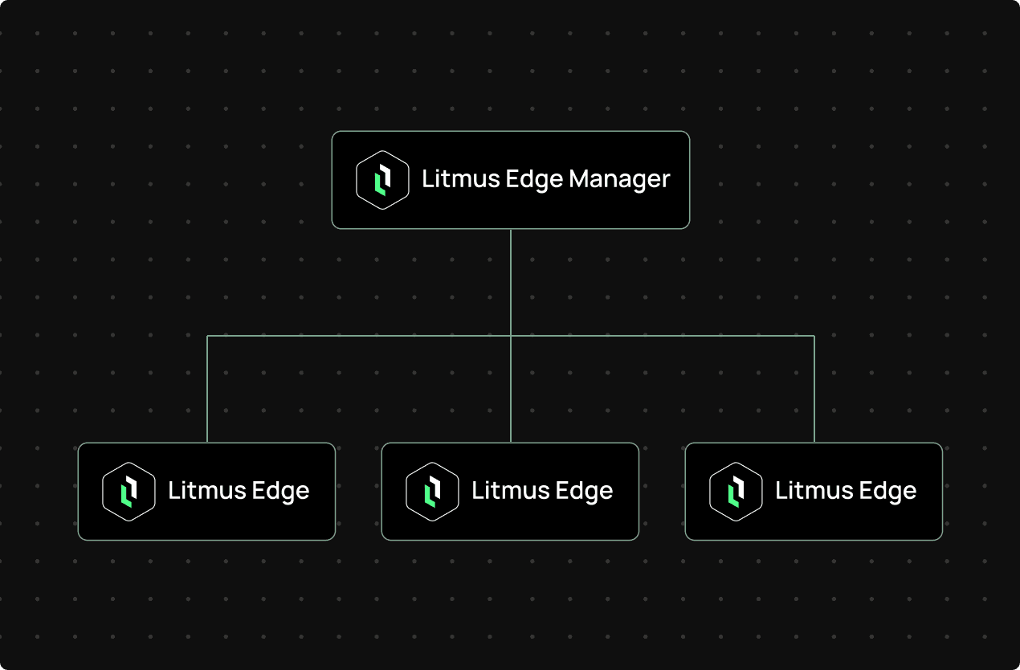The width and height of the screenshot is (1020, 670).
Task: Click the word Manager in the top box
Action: click(x=619, y=179)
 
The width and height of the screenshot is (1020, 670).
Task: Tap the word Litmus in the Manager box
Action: click(x=452, y=178)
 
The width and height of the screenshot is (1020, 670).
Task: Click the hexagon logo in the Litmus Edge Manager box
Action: click(x=382, y=180)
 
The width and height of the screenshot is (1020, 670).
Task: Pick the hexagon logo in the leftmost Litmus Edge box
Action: click(x=129, y=491)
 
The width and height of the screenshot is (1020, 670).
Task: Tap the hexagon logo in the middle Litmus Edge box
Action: click(x=432, y=491)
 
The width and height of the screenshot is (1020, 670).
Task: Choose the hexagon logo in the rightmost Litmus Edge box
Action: click(x=736, y=491)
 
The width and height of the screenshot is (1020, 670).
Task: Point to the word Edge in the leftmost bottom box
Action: click(x=277, y=492)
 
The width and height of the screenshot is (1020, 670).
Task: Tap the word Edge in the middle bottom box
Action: click(x=581, y=492)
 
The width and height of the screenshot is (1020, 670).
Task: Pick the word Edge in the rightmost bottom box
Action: click(x=884, y=492)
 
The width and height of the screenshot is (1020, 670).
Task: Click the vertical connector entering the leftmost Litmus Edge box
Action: click(x=207, y=390)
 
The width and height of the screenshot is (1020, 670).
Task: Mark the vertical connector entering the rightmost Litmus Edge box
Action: click(x=814, y=390)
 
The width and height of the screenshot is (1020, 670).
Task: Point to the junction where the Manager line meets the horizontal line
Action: click(x=511, y=336)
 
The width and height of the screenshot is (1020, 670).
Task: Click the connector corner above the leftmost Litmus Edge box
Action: click(x=207, y=336)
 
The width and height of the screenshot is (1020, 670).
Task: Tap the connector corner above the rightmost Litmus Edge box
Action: click(x=814, y=336)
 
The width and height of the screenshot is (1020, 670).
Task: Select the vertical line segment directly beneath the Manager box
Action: click(x=511, y=281)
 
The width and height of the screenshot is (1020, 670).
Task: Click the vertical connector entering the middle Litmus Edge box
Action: click(x=511, y=390)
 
